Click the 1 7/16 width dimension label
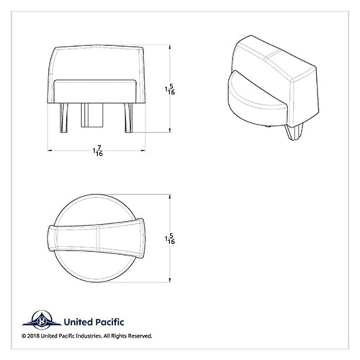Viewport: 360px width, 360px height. coord(96,151)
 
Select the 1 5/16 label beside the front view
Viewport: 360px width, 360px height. coord(169,89)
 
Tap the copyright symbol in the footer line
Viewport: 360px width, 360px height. coord(24,336)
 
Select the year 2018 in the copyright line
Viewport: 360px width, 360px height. coord(33,336)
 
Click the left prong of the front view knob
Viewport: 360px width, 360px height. coord(64,118)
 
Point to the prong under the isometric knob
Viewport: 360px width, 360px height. coord(293,133)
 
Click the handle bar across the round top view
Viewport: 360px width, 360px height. coord(96,240)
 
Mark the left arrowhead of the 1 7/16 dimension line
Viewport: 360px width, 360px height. coord(50,151)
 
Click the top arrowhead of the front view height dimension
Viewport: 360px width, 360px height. coord(170,47)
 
